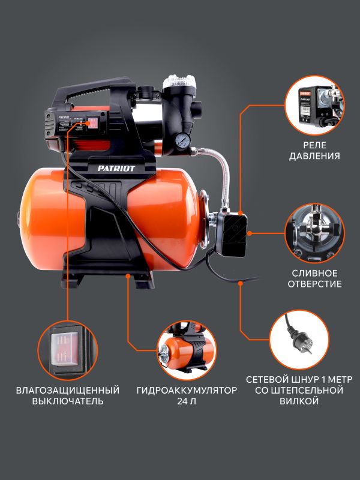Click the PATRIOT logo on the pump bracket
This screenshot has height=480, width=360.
click(x=116, y=169)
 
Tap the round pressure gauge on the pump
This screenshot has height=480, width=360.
click(x=183, y=140)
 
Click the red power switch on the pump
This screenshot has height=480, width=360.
click(x=92, y=123)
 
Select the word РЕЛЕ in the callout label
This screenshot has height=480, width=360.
click(x=314, y=145)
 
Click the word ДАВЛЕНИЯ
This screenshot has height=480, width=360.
click(x=314, y=156)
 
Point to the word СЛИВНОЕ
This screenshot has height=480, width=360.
click(x=314, y=273)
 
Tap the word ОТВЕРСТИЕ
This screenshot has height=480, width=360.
click(x=314, y=283)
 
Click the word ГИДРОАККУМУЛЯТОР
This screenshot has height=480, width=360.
click(x=187, y=391)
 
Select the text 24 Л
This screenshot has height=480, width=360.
click(x=187, y=401)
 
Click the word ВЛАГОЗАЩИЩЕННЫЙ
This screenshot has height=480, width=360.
click(x=68, y=391)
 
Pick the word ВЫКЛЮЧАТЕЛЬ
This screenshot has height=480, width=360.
click(x=68, y=401)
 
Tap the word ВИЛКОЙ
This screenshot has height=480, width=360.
click(x=299, y=401)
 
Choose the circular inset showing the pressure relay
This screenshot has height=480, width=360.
click(x=314, y=106)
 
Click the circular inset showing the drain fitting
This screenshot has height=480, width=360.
click(x=314, y=233)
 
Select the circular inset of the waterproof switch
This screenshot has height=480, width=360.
click(x=68, y=351)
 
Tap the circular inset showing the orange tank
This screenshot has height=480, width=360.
click(x=187, y=351)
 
